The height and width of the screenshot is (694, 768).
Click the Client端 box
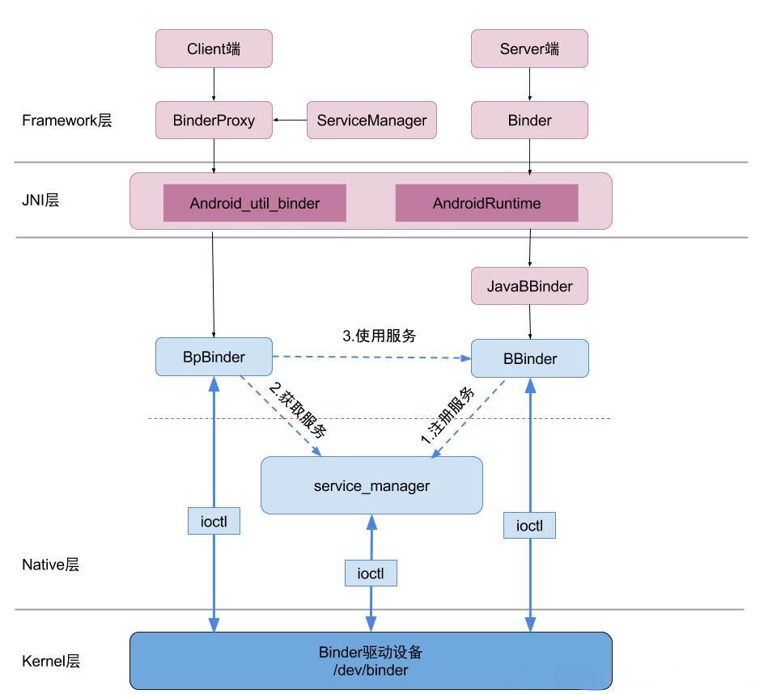214,49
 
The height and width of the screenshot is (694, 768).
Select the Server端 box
529,49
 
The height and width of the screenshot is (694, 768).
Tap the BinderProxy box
214,121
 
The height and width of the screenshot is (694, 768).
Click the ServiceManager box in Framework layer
371,121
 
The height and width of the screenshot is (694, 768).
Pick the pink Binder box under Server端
529,121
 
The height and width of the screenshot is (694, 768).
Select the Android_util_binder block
255,203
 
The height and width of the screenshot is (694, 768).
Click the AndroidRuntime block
486,203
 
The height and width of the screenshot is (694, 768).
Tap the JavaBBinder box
529,286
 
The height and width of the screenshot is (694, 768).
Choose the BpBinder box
214,357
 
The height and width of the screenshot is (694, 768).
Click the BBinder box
529,358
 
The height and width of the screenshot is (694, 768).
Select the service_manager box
371,485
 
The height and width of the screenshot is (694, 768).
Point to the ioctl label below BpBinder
214,522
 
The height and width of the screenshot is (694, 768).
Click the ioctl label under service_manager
371,573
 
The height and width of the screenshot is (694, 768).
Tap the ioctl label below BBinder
529,526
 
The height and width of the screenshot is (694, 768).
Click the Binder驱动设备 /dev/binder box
371,661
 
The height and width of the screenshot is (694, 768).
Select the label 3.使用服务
379,336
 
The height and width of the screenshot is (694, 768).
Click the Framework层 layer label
66,121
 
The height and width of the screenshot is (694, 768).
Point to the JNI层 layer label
40,200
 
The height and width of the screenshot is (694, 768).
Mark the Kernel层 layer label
51,661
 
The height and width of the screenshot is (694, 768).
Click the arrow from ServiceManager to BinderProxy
290,121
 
